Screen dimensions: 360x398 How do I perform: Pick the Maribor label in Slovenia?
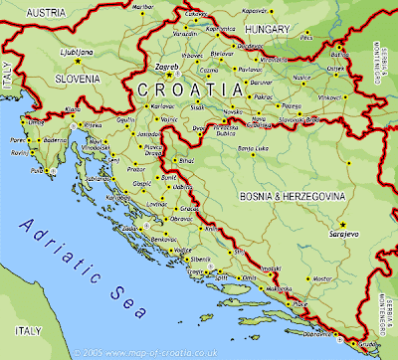pos(145,7)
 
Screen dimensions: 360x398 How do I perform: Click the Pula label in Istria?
pos(38,171)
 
